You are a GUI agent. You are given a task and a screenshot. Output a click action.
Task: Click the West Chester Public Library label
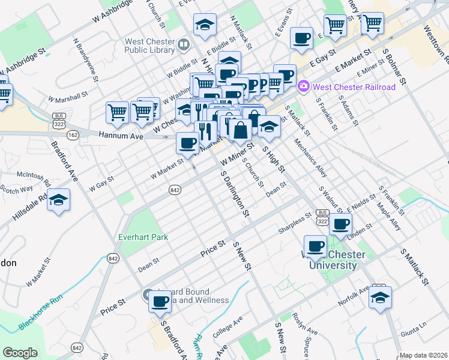click(x=149, y=47)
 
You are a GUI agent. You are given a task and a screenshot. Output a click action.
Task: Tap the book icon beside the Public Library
click(x=184, y=44)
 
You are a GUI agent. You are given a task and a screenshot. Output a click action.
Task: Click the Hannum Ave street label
click(x=121, y=136)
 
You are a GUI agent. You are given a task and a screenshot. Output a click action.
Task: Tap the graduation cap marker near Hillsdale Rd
click(x=59, y=200)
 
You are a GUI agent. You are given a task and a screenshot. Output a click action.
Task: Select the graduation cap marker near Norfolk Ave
click(x=380, y=298)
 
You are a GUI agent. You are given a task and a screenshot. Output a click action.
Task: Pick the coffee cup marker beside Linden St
click(x=342, y=224)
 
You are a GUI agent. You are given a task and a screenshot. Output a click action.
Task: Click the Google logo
click(x=20, y=353)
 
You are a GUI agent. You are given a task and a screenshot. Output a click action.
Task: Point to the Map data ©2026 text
click(x=424, y=355)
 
